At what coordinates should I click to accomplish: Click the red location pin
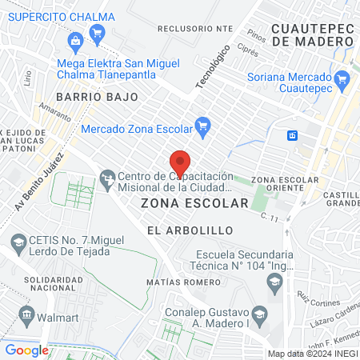click(x=181, y=162)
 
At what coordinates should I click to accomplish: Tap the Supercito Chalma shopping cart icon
click(x=98, y=33)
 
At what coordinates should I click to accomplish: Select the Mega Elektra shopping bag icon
click(x=75, y=40)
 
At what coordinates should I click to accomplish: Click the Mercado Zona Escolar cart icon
click(x=203, y=125)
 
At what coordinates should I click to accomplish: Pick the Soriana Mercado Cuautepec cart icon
click(x=342, y=78)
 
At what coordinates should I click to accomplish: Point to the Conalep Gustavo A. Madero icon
click(x=258, y=313)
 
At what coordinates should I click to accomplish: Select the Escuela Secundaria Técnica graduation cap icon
click(x=274, y=282)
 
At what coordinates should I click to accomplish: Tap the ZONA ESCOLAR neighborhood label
click(x=194, y=203)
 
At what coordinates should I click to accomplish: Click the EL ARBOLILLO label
click(x=190, y=230)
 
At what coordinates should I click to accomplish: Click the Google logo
click(x=26, y=350)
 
